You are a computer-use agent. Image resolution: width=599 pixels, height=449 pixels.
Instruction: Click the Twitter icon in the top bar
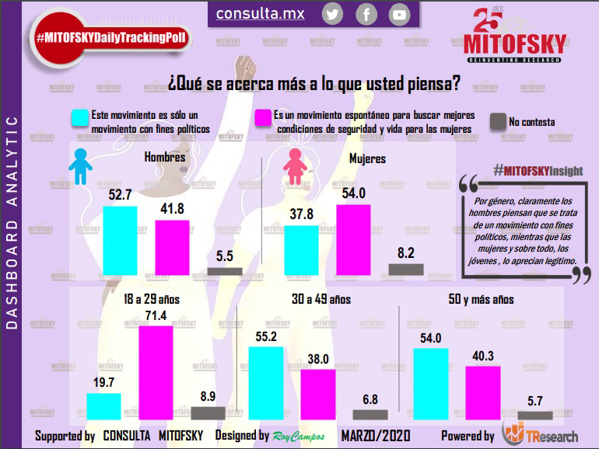tap(333, 14)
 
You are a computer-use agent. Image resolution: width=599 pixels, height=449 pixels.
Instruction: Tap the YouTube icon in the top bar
tap(399, 14)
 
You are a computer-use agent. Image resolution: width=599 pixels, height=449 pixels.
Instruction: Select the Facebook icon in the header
tap(366, 14)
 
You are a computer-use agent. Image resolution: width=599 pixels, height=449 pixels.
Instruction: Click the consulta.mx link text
tap(260, 13)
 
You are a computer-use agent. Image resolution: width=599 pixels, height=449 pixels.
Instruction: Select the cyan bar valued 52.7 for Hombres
tap(120, 240)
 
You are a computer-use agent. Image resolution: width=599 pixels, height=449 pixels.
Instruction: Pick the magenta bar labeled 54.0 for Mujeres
tap(353, 239)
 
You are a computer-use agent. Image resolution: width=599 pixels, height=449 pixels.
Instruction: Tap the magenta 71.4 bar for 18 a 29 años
tap(155, 373)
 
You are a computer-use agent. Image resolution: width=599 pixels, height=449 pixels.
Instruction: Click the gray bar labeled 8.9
tap(208, 413)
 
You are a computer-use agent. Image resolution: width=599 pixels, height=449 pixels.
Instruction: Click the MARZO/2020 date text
tap(376, 435)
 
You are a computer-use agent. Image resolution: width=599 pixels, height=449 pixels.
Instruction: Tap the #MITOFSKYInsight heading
tap(538, 171)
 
